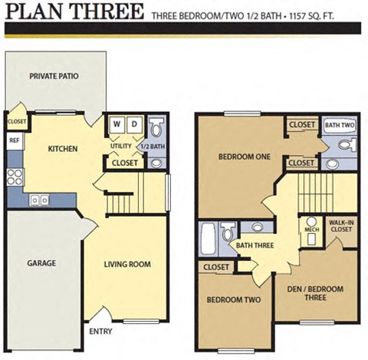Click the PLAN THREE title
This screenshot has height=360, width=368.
point(74,12)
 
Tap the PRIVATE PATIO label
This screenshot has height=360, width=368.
point(54,76)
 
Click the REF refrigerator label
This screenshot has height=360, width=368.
point(15,140)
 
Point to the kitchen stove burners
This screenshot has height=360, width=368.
point(15,177)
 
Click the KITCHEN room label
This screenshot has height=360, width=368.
point(62,148)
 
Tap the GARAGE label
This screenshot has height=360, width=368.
point(41,263)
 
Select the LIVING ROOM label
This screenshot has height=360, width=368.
point(127,265)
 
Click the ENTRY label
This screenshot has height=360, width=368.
point(101,332)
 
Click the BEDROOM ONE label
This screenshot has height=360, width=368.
point(244,157)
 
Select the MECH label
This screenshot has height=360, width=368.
point(311,229)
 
